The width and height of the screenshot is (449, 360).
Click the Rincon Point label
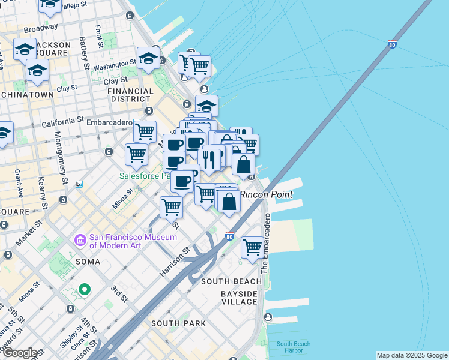pos(267,194)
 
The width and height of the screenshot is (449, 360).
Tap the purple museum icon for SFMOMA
pos(80,240)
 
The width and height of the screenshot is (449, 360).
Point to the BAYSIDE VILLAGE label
pos(239,298)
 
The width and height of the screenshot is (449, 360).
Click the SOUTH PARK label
pos(178,323)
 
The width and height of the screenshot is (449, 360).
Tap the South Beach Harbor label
pos(294,347)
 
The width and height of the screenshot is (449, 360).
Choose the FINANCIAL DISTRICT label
pos(129,95)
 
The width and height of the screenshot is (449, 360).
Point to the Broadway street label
pos(41,28)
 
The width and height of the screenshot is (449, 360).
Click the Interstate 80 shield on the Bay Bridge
pos(392,44)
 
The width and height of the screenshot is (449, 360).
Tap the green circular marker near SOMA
pos(85,290)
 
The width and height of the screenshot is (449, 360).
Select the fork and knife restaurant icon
pos(209,159)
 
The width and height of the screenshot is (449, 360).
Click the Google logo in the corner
pos(20,353)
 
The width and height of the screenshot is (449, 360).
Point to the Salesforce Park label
pos(142,176)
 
